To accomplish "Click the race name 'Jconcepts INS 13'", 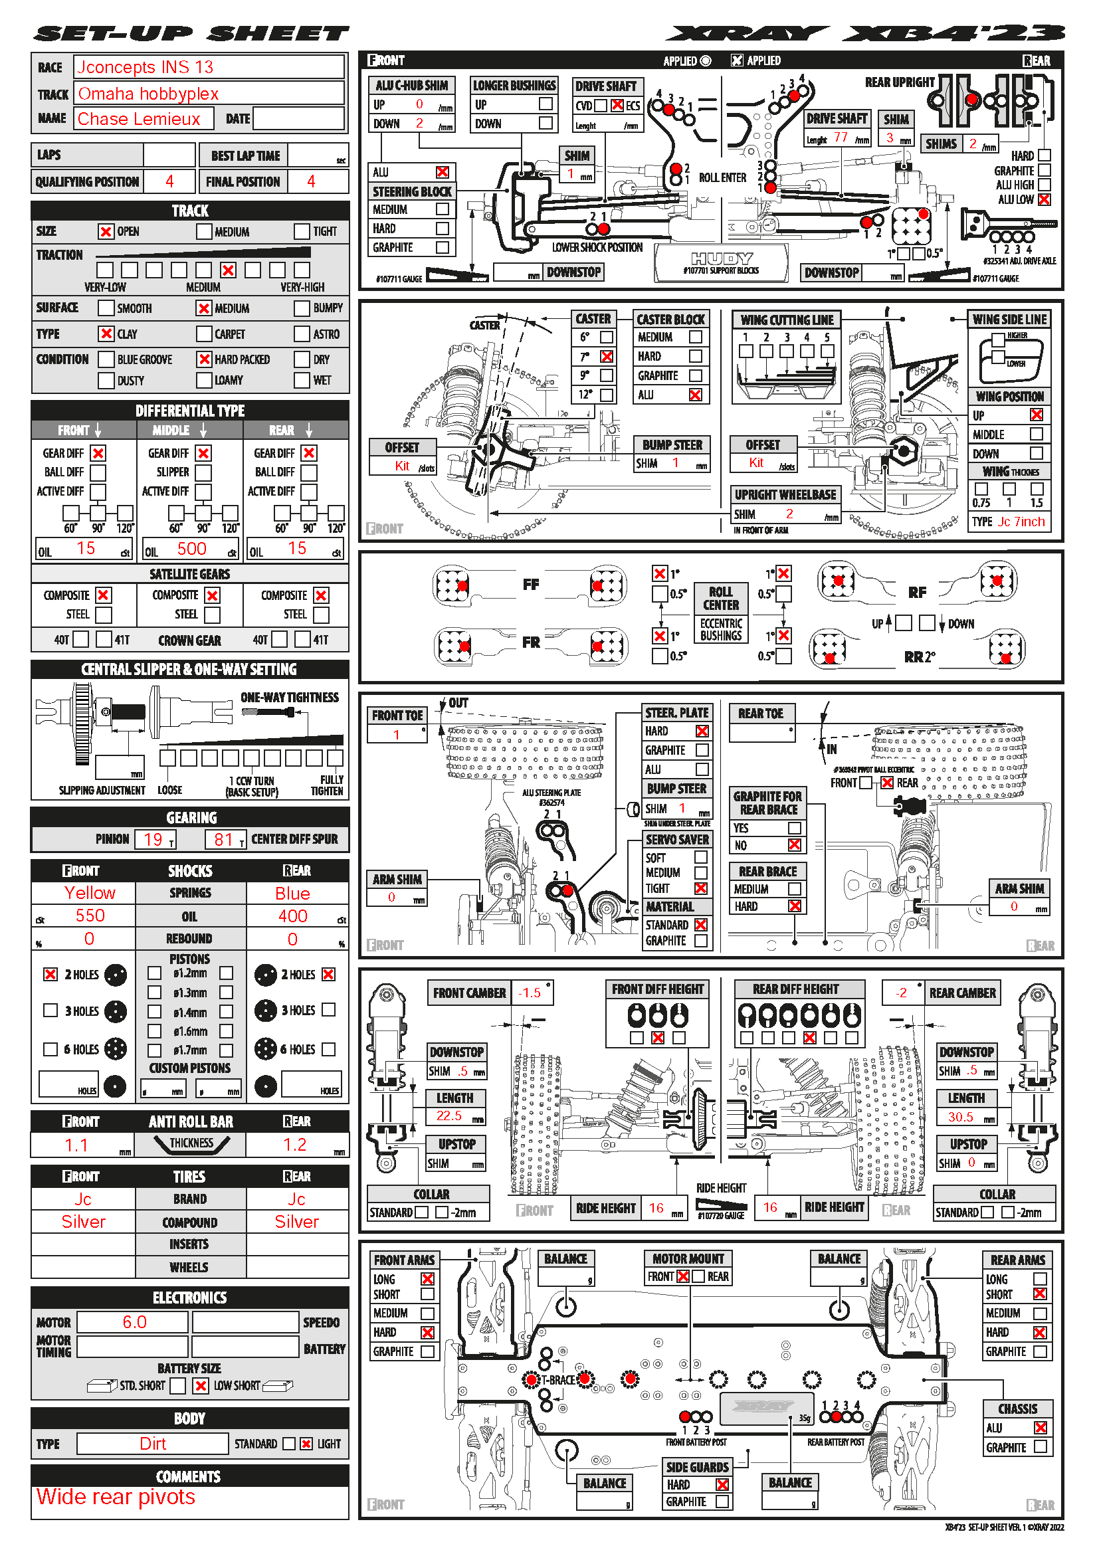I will point(145,67).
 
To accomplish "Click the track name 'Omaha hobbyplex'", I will point(148,94).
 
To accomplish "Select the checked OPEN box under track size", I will point(106,231).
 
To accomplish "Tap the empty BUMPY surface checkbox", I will point(302,308).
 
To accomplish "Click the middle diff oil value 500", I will point(191,549).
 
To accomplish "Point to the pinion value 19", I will point(153,839).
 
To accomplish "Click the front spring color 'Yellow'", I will point(89,893).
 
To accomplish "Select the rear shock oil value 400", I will point(292,916).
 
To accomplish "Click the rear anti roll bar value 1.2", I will point(294,1145).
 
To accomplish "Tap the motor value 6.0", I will point(134,1322).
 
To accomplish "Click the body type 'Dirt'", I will point(152,1444).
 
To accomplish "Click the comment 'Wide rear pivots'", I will point(116,1496).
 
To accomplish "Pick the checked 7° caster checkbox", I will point(607,356).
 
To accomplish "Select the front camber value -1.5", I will point(529,993).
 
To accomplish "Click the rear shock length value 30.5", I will point(960,1117).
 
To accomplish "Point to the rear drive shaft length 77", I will point(841,138).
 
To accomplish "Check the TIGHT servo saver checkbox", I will point(700,888).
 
